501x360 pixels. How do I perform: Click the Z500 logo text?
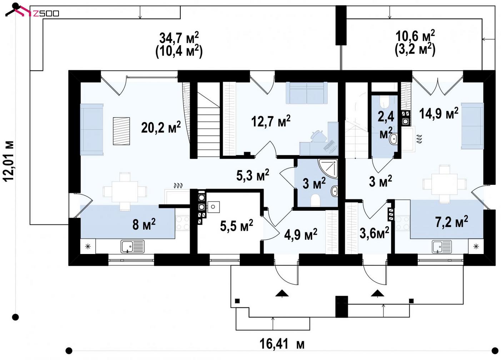coord(46,14)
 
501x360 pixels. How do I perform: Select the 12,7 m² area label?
coord(271,121)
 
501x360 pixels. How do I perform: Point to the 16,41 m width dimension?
coord(282,344)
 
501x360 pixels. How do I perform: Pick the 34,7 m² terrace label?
coord(179,37)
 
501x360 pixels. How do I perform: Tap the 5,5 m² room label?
coord(236,225)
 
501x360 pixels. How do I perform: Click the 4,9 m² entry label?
coord(301,234)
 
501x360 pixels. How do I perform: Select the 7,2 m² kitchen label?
coord(452,222)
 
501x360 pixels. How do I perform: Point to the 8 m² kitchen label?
coord(144,224)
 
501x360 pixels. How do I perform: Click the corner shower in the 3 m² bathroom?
coord(328,168)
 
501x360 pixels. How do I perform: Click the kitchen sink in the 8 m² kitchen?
coord(132,247)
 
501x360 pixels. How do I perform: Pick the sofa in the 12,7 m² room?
coord(307,93)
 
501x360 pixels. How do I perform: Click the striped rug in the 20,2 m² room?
coord(121,131)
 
